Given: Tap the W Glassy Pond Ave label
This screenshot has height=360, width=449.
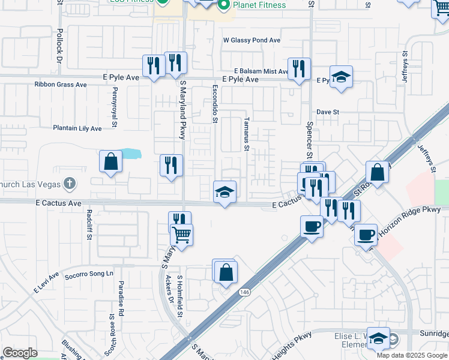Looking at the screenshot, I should point(252,40).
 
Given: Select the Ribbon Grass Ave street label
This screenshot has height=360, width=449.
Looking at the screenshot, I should point(60,85).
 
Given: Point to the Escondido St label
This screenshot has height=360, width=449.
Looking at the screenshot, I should point(215,103).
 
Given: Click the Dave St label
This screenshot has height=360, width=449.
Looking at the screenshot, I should point(328,112).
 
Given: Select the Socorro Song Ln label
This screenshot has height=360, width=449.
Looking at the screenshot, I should point(89,273).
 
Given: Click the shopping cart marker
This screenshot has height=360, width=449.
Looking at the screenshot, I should point(181,235).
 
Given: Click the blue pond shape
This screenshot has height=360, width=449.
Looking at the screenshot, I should point(131,154).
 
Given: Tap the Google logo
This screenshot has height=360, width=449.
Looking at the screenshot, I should point(20,353).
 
